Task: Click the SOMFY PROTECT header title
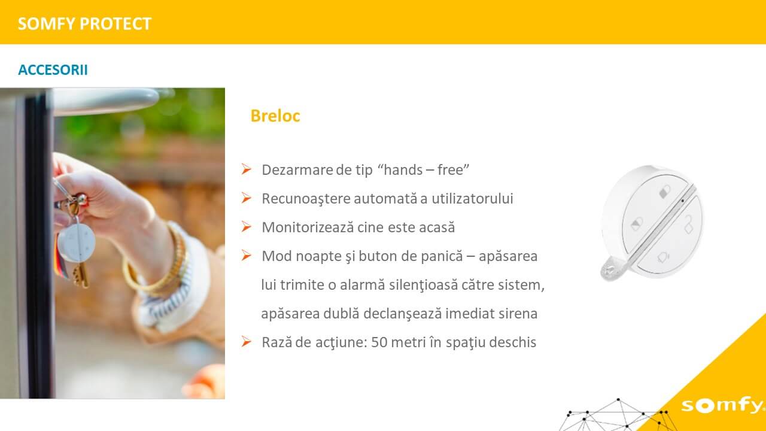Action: pyautogui.click(x=84, y=24)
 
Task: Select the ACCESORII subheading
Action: pyautogui.click(x=53, y=70)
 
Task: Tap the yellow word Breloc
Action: pyautogui.click(x=275, y=116)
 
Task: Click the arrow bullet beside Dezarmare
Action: pyautogui.click(x=246, y=169)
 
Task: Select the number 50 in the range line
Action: pyautogui.click(x=379, y=342)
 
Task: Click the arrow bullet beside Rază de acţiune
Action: pyautogui.click(x=246, y=341)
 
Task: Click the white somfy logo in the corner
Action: pyautogui.click(x=722, y=406)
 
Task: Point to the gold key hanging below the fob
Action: pyautogui.click(x=81, y=275)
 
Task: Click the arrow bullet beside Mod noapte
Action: pyautogui.click(x=246, y=255)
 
